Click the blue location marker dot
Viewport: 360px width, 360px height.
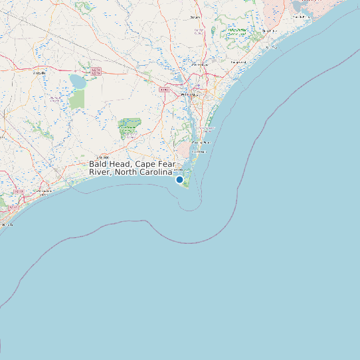pyautogui.click(x=179, y=179)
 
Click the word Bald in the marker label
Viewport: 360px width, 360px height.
pyautogui.click(x=98, y=163)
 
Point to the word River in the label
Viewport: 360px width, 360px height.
pyautogui.click(x=100, y=173)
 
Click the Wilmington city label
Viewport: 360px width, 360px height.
pyautogui.click(x=190, y=95)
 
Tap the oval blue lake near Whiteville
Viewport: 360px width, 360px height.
pyautogui.click(x=77, y=81)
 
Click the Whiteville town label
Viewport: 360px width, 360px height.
pyautogui.click(x=40, y=73)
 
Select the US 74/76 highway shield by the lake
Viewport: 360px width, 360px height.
pyautogui.click(x=96, y=70)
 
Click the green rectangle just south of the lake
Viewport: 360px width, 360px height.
pyautogui.click(x=78, y=99)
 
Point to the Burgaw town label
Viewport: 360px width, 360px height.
pyautogui.click(x=195, y=17)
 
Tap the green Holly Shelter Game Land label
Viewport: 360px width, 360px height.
pyautogui.click(x=236, y=31)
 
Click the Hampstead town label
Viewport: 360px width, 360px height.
pyautogui.click(x=238, y=62)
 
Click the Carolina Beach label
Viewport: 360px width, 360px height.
pyautogui.click(x=201, y=142)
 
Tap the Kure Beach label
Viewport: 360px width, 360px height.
pyautogui.click(x=199, y=151)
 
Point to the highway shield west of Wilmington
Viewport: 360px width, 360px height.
pyautogui.click(x=164, y=88)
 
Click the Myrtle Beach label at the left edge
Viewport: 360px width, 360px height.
pyautogui.click(x=6, y=225)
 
